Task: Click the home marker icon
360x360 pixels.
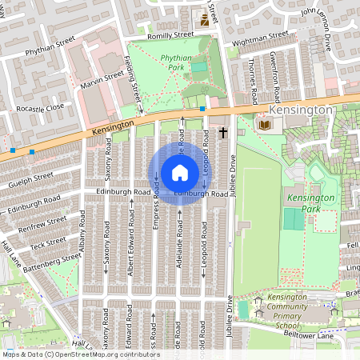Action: [180, 174]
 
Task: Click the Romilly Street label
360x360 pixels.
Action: [171, 35]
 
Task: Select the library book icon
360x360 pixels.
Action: [264, 125]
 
